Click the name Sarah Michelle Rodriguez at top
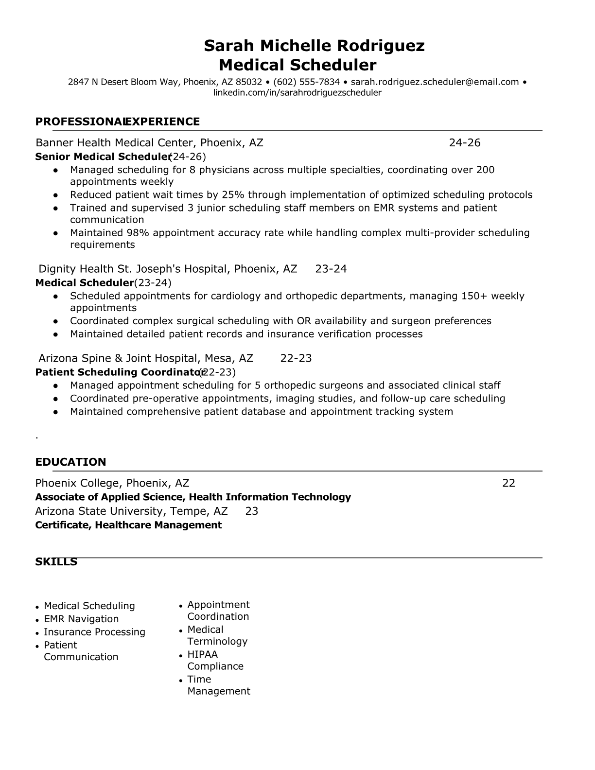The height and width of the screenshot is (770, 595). (x=314, y=46)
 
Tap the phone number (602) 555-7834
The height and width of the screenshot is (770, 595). (x=306, y=82)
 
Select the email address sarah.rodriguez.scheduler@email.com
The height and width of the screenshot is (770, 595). (x=435, y=82)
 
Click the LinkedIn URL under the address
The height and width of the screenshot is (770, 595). (x=297, y=92)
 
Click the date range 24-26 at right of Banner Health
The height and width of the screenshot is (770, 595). (x=464, y=142)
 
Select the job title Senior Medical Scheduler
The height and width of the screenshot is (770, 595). (x=103, y=157)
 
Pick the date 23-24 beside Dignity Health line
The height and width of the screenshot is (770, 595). (x=331, y=269)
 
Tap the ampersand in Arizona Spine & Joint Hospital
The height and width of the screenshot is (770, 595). (x=119, y=359)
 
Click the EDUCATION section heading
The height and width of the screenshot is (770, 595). (x=70, y=462)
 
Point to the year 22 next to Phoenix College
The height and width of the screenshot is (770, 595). (x=508, y=483)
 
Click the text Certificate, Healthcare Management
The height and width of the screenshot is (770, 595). (x=128, y=525)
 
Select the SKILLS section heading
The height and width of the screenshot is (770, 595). (x=56, y=562)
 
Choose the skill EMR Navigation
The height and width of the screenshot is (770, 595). (x=81, y=619)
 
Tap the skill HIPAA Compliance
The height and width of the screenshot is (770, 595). (x=215, y=660)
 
